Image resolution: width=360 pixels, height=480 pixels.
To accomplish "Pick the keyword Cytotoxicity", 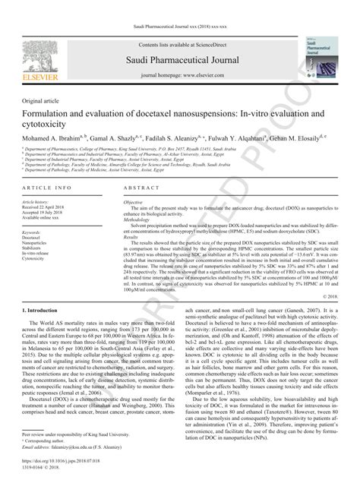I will pos(37,258).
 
